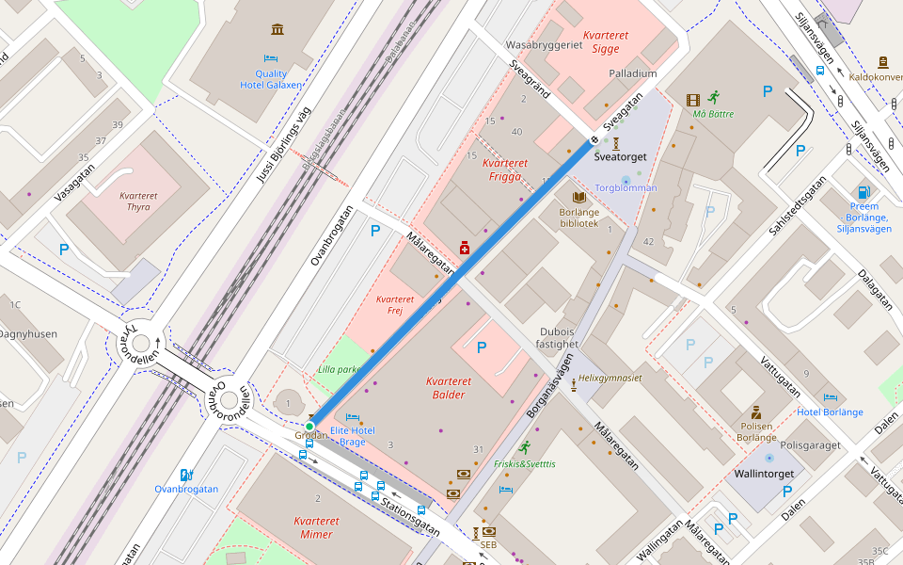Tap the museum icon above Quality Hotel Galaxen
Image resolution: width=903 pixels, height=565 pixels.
tap(277, 30)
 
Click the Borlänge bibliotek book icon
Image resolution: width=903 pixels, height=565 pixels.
tap(579, 197)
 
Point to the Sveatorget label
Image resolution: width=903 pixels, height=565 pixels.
tap(622, 157)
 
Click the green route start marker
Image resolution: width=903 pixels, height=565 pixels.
tap(309, 427)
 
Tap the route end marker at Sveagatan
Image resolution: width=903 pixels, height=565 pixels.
tap(594, 141)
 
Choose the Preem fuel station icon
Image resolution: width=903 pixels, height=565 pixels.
tap(863, 192)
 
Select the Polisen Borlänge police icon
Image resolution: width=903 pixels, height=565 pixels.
tap(755, 412)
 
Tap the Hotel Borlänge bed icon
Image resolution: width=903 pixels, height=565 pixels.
tap(830, 398)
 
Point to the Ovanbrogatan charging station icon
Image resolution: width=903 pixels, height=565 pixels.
tap(186, 476)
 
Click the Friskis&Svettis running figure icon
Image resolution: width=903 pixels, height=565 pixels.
tap(524, 448)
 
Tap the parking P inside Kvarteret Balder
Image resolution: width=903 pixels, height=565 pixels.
tap(482, 347)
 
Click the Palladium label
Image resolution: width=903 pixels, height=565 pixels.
tap(632, 73)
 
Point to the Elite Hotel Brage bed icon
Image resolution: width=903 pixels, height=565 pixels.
tap(353, 417)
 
